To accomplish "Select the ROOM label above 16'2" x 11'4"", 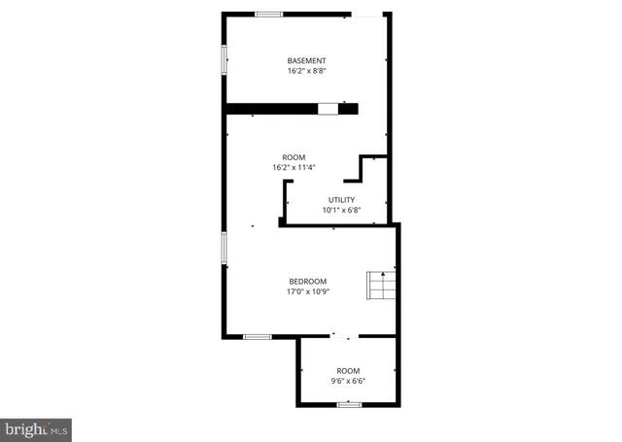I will (294, 157).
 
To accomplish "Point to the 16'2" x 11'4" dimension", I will (294, 168).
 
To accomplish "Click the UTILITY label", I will (341, 200).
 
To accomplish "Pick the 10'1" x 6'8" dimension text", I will (341, 210).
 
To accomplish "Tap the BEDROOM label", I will (308, 281).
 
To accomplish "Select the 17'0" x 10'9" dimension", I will (308, 290).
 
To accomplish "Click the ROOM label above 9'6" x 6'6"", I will (348, 371).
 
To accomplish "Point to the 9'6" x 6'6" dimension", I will (348, 382).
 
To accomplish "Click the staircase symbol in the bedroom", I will (380, 287).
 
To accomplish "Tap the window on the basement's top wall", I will (269, 14).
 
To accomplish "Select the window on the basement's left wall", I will (225, 59).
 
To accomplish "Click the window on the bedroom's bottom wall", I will (257, 337).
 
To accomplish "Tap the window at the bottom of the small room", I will (349, 404).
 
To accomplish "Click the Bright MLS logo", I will (36, 427).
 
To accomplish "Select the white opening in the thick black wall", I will (328, 109).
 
